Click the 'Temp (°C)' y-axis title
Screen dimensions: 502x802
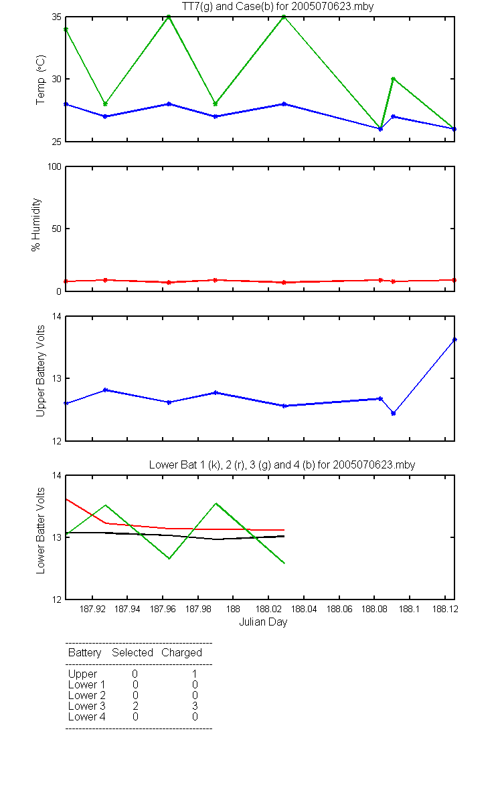tap(41, 80)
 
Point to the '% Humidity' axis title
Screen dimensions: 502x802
tap(36, 225)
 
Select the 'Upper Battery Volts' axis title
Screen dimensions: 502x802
tap(41, 371)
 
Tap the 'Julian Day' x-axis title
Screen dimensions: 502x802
tap(263, 622)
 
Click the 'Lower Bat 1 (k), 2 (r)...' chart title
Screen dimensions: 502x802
tap(282, 464)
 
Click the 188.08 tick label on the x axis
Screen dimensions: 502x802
tap(374, 609)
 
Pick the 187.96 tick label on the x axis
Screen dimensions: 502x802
tap(163, 609)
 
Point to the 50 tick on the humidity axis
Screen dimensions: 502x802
tap(57, 229)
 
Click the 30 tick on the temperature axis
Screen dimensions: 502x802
tap(57, 79)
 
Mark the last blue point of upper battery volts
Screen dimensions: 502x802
tap(454, 340)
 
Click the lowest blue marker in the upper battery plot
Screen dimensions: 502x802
tap(394, 413)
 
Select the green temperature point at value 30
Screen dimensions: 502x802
tap(394, 79)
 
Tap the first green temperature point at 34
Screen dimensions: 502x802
tap(66, 29)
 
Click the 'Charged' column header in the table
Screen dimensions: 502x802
tap(181, 653)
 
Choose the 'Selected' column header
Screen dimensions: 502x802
tap(133, 653)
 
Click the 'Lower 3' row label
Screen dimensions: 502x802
tap(87, 706)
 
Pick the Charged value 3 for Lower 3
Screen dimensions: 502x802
tap(195, 706)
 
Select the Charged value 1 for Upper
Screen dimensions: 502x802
tap(194, 674)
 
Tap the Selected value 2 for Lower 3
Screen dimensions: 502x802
tap(135, 706)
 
